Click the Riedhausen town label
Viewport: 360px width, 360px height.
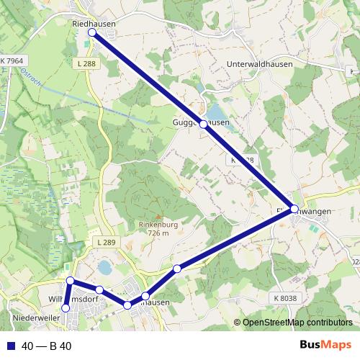point(94,23)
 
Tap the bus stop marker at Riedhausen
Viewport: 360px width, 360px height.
point(92,32)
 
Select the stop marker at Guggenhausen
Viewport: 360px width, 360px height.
point(204,124)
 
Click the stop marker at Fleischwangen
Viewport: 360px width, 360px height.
point(294,209)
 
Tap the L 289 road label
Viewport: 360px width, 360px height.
point(104,243)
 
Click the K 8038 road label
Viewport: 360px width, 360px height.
point(284,297)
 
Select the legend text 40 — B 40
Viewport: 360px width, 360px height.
point(47,346)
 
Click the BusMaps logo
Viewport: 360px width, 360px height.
point(325,346)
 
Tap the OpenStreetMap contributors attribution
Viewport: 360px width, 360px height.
point(297,323)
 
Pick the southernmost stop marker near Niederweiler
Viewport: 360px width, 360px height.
point(66,308)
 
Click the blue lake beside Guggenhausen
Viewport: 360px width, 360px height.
point(215,112)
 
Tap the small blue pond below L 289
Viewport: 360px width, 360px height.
point(104,267)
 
